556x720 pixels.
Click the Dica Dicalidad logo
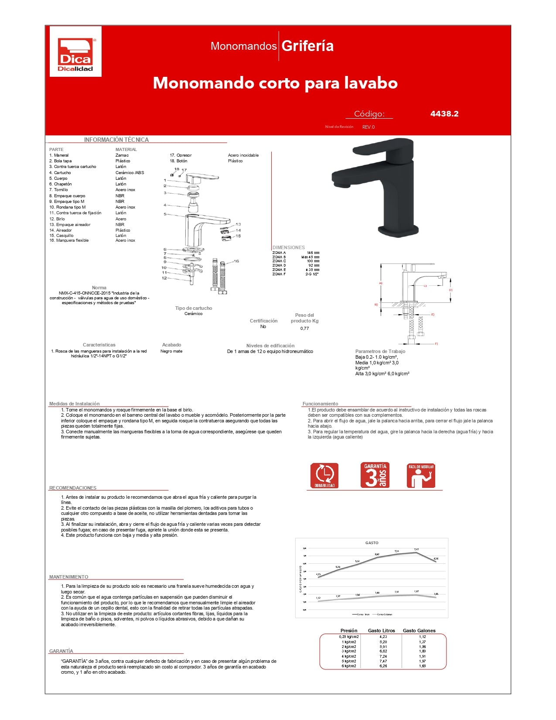(75, 52)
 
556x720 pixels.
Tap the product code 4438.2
(444, 114)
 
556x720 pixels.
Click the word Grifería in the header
(307, 46)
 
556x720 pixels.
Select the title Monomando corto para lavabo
(275, 83)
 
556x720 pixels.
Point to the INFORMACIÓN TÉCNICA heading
(116, 140)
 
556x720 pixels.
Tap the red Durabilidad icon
(324, 475)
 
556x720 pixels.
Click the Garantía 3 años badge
(375, 475)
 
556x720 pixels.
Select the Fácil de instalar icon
(421, 475)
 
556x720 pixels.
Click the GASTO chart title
(372, 543)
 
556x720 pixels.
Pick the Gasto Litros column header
(381, 631)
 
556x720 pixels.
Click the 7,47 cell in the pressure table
(383, 661)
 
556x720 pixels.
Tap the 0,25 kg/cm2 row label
(348, 637)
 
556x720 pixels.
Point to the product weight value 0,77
(304, 328)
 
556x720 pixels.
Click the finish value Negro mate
(171, 351)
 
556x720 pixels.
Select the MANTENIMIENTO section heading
(68, 577)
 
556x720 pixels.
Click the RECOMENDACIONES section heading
(73, 488)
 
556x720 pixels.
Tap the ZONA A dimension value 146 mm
(313, 253)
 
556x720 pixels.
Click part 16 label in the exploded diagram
(236, 261)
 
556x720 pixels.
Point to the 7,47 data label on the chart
(416, 549)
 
